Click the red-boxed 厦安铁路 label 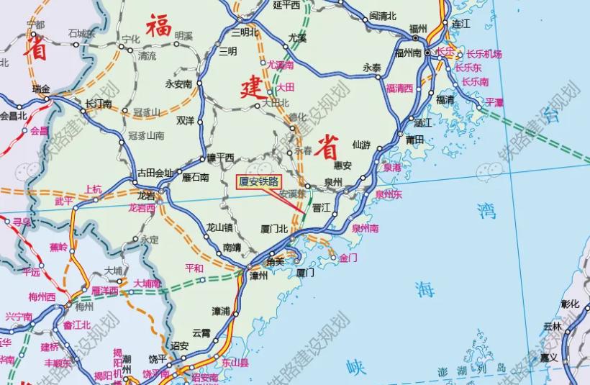[x=258, y=181]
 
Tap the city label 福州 [x=417, y=28]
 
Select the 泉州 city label [x=332, y=183]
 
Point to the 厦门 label [x=305, y=273]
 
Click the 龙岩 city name [x=146, y=195]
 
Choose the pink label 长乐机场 [x=484, y=54]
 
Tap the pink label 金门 [x=348, y=257]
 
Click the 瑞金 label [x=42, y=89]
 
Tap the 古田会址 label [x=155, y=173]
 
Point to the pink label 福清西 [x=399, y=88]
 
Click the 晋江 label [x=322, y=207]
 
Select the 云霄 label [x=201, y=332]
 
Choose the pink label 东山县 [x=235, y=364]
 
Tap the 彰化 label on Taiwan [x=570, y=304]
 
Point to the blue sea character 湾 [x=487, y=210]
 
